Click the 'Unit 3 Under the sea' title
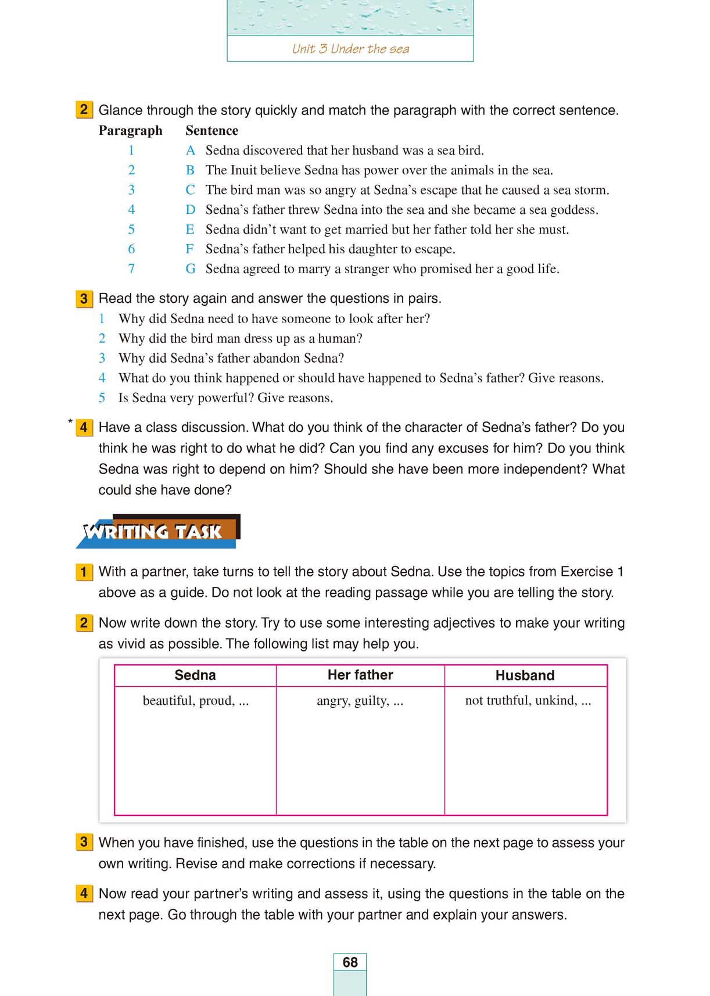[x=350, y=49]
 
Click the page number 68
[x=350, y=962]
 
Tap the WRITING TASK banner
[x=157, y=531]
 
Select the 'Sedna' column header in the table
[x=195, y=675]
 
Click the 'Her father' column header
[x=360, y=675]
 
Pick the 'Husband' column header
[x=525, y=675]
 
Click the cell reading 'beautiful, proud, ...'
[x=196, y=701]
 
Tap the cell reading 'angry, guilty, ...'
[x=360, y=701]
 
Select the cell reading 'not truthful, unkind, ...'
[x=528, y=701]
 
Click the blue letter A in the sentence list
[x=190, y=151]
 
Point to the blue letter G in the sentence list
[x=190, y=269]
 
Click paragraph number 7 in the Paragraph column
[x=131, y=269]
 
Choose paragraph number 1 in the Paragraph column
[x=131, y=151]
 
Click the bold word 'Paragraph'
[x=130, y=130]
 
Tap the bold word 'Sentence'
[x=211, y=130]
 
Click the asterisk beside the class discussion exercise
[x=70, y=421]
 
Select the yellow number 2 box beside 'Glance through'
[x=84, y=110]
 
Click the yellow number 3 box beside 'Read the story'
[x=84, y=299]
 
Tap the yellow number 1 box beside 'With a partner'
[x=84, y=572]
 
